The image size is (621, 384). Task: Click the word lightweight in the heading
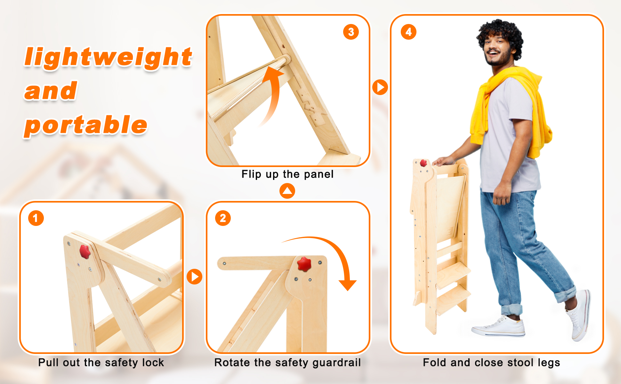tap(108, 57)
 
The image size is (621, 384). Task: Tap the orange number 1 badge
tap(36, 218)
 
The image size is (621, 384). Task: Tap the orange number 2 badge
tap(223, 218)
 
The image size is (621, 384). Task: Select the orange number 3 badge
tap(351, 32)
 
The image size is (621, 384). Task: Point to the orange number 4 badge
tap(408, 32)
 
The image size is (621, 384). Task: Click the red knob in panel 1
tap(85, 252)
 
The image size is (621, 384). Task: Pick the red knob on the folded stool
tap(423, 163)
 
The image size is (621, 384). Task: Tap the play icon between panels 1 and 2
tap(195, 276)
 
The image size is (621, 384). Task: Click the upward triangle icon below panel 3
tap(287, 191)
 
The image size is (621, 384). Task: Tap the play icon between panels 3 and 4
tap(380, 87)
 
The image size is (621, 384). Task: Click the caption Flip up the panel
tap(287, 174)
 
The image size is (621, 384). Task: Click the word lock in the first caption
tap(153, 363)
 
